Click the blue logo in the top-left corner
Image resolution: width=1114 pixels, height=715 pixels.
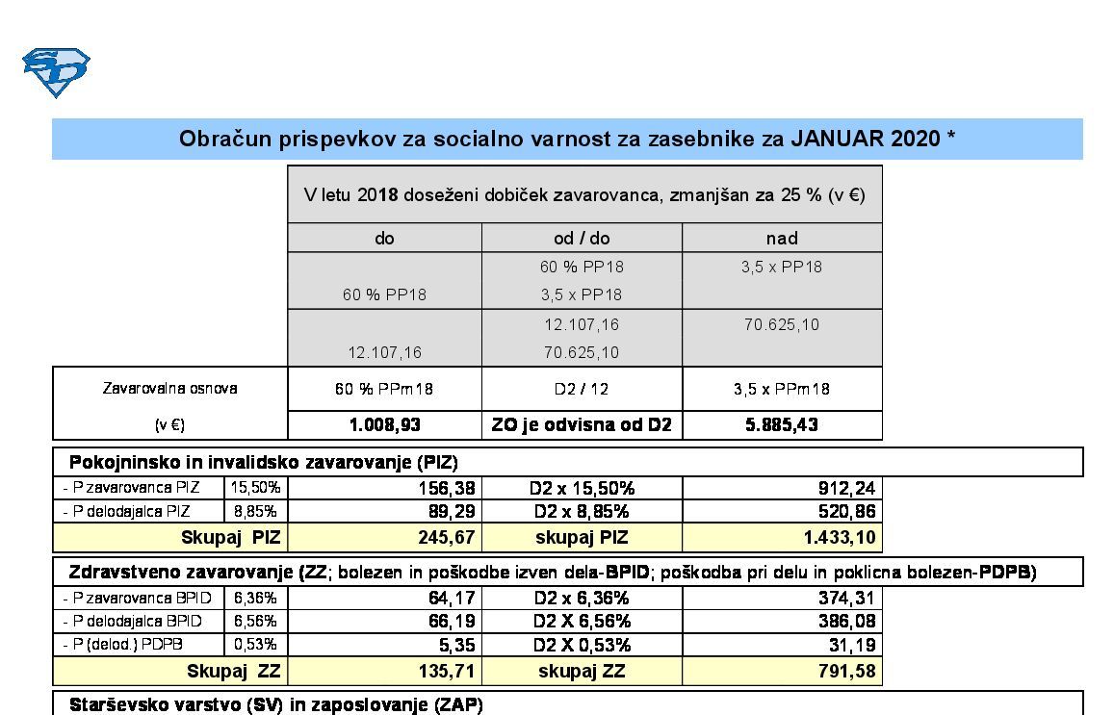click(56, 72)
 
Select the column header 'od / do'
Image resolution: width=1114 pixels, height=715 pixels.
click(582, 238)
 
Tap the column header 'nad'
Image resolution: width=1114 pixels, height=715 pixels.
click(782, 238)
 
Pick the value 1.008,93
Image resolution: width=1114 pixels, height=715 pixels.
click(384, 424)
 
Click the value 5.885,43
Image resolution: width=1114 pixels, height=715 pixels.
click(782, 424)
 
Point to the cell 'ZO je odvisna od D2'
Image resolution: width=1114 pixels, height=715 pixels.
click(582, 424)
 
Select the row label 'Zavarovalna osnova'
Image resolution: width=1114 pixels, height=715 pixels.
click(169, 389)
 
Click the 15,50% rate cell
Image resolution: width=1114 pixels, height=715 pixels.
click(255, 488)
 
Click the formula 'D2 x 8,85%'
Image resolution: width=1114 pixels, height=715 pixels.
click(582, 511)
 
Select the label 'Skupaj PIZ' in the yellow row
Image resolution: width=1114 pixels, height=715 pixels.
click(230, 537)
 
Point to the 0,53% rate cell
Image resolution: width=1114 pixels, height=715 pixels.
click(255, 645)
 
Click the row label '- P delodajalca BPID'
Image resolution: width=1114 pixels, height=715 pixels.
click(137, 622)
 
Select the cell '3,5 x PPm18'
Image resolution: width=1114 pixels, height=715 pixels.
click(782, 389)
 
